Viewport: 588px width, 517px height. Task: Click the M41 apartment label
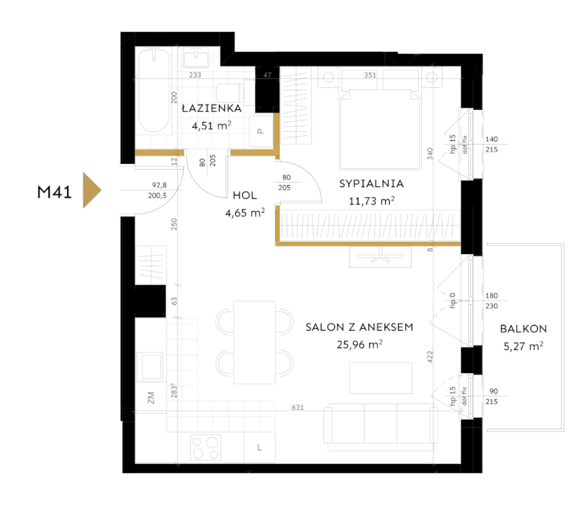click(x=55, y=192)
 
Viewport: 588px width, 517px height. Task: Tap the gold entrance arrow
click(x=91, y=190)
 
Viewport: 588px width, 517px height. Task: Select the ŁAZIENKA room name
click(x=212, y=108)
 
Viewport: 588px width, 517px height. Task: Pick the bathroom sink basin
click(x=196, y=59)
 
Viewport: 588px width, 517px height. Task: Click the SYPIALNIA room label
click(x=372, y=184)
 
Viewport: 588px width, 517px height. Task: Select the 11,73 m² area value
click(x=372, y=201)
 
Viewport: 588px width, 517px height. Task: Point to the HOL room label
click(x=245, y=195)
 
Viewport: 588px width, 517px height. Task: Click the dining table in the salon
click(x=255, y=342)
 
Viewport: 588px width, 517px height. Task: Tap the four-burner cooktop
click(x=206, y=447)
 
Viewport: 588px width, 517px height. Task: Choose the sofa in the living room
click(x=381, y=427)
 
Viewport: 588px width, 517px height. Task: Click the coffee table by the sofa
click(x=381, y=378)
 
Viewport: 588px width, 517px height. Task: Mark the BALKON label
click(x=523, y=329)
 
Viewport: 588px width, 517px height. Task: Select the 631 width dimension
click(x=298, y=407)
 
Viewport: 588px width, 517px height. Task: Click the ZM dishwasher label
click(x=151, y=398)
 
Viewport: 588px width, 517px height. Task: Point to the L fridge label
click(x=260, y=448)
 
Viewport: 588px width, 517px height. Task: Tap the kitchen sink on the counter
click(x=150, y=366)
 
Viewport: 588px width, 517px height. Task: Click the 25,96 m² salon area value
click(x=360, y=345)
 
